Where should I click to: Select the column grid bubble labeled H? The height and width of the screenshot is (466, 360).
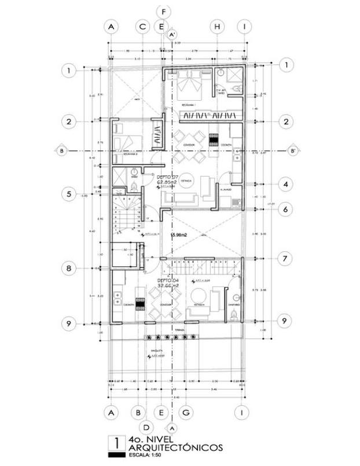tap(217, 27)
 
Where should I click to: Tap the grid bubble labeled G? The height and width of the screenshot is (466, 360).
tap(186, 412)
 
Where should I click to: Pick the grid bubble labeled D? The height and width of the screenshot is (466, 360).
tap(146, 427)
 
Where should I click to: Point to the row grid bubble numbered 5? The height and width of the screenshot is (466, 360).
tap(69, 195)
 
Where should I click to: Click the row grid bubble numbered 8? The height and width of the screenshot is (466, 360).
tap(69, 269)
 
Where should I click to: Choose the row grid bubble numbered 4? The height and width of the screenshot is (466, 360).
tap(284, 185)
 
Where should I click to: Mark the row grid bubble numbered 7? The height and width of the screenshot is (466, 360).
tap(284, 258)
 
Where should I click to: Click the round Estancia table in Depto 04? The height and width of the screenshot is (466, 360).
tap(200, 293)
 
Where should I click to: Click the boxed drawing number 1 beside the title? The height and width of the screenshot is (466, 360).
tap(117, 443)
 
